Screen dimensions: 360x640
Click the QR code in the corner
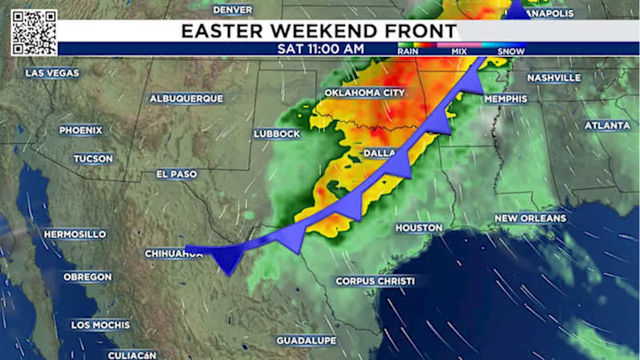tap(34, 32)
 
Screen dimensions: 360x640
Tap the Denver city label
tap(232, 9)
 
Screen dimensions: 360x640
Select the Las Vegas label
tap(52, 73)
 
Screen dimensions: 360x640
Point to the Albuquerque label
tap(186, 98)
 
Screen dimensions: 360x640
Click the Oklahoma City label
tap(364, 93)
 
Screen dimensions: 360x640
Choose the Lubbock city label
tap(276, 134)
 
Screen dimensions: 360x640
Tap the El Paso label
tap(176, 174)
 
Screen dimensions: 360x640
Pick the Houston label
tap(419, 228)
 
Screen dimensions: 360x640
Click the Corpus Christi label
tap(375, 281)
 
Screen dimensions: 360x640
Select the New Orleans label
tap(530, 218)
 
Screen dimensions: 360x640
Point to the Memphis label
tap(505, 99)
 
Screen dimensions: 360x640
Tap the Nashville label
tap(554, 78)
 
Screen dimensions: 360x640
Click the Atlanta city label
tap(607, 125)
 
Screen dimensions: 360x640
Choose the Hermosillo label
tap(75, 234)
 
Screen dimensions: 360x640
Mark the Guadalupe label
tap(306, 340)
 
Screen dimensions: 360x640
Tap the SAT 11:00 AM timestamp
tap(320, 49)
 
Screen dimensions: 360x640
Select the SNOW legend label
tap(511, 51)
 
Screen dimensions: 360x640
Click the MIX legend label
tap(459, 51)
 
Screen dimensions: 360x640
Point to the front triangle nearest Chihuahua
tap(228, 259)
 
